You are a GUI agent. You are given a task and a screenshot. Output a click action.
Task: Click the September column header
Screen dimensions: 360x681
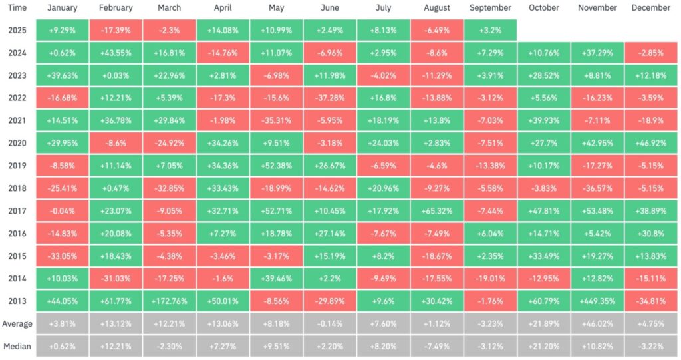coord(490,8)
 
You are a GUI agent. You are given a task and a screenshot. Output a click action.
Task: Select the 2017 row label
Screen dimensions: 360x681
coord(17,211)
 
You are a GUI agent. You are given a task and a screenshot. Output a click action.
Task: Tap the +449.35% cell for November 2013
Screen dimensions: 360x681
coord(597,301)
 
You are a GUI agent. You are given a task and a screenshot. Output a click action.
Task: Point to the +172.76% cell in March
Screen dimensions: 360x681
coord(170,301)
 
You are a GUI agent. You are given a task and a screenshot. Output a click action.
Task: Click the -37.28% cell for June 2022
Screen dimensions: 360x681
coord(330,98)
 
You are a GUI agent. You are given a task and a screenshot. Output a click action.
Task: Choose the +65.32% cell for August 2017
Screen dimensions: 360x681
coord(437,211)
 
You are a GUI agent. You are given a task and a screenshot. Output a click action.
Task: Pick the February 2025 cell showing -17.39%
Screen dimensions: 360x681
coord(116,30)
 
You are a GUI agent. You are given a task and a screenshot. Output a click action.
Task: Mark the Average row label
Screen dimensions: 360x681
coord(17,324)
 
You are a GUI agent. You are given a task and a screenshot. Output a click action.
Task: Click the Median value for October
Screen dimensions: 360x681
coord(543,347)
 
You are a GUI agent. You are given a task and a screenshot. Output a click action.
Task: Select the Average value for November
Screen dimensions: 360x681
coord(597,324)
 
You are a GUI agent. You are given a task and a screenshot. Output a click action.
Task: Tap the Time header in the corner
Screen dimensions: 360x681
coord(17,8)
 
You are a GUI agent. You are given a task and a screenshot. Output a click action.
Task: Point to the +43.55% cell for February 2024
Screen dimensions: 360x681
coord(116,53)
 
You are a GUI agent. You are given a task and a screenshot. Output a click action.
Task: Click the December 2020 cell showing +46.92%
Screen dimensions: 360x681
coord(650,143)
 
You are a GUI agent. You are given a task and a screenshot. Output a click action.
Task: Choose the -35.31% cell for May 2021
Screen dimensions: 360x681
coord(277,120)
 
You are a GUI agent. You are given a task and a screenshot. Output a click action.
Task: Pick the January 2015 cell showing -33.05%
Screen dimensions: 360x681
coord(63,256)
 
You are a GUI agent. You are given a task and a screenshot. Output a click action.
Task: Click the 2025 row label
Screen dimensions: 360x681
coord(17,30)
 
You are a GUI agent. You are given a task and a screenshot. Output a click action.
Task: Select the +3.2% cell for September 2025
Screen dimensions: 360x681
coord(490,30)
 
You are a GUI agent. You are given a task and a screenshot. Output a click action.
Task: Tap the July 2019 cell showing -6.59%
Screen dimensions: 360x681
coord(383,166)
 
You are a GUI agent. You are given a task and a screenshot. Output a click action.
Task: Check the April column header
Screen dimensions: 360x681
coord(223,8)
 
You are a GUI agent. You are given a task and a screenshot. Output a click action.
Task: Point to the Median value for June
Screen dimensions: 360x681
coord(330,347)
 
